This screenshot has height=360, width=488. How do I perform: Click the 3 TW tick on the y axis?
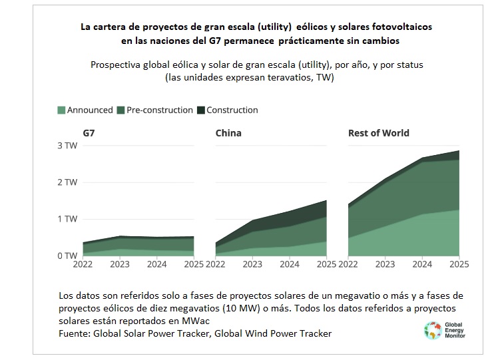point(67,145)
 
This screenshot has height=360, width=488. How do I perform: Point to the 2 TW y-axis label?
point(67,182)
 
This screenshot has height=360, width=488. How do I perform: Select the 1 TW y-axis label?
point(67,219)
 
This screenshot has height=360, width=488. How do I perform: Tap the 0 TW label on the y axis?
point(67,256)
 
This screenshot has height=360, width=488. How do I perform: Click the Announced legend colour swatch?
point(62,110)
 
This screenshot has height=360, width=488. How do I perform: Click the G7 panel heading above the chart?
point(89,132)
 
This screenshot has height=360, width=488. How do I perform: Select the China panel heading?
point(228,132)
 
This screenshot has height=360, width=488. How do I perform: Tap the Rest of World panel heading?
point(379,132)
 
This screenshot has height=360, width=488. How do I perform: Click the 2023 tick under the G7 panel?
point(120,264)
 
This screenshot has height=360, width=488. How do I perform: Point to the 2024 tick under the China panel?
point(288,264)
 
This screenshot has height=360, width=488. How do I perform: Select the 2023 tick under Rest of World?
point(385,264)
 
